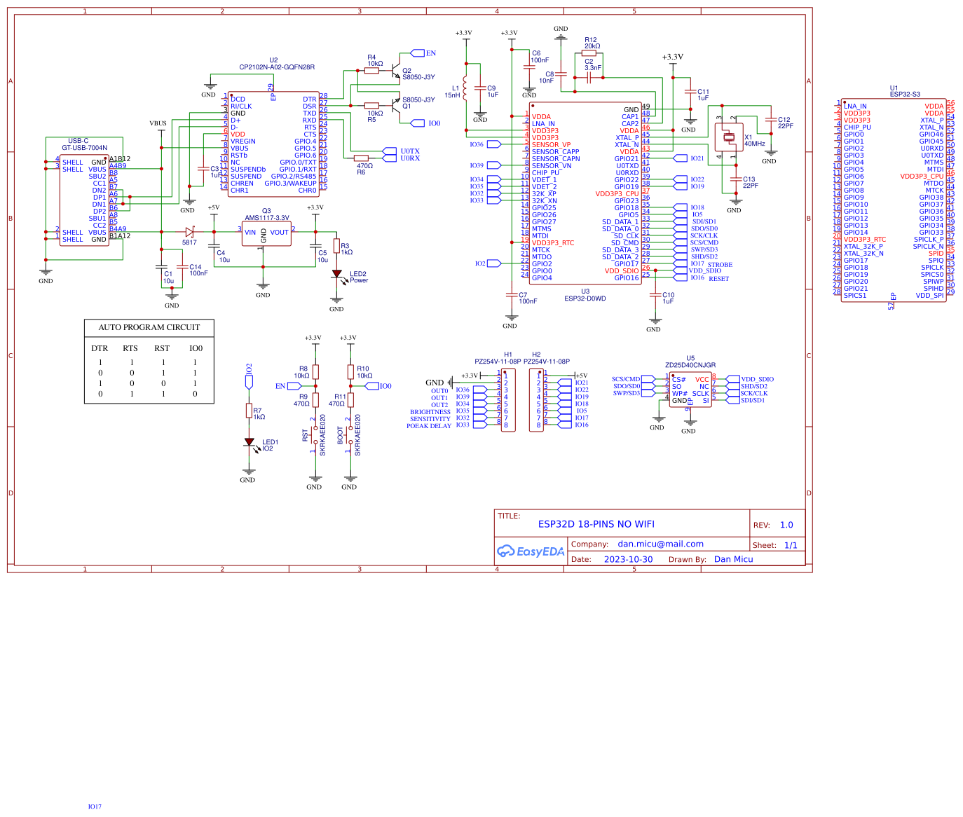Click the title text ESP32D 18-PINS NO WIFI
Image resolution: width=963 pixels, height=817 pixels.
pos(596,524)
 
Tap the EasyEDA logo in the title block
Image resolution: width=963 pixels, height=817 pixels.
pos(531,551)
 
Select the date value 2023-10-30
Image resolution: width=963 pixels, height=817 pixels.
pos(628,559)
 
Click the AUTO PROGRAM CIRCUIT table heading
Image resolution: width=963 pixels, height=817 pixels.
pos(149,327)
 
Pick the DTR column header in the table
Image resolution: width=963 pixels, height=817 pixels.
pos(100,348)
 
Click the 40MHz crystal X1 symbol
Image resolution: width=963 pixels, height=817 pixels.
pos(729,137)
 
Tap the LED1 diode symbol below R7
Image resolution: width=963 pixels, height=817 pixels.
pos(249,442)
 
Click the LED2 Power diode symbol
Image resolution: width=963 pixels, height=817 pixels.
pos(336,274)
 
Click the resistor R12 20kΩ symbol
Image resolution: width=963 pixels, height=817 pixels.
pos(589,53)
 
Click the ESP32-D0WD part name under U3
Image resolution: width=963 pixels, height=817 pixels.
pos(585,298)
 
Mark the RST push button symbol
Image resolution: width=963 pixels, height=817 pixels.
pos(314,435)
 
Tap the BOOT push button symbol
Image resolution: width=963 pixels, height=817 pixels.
pos(349,435)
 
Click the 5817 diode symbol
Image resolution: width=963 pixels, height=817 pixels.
pos(189,232)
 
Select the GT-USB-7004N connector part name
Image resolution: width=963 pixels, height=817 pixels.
pos(84,148)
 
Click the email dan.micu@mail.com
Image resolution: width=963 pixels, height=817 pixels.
pos(660,544)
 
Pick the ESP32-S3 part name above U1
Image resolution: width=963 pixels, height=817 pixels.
pos(905,94)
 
